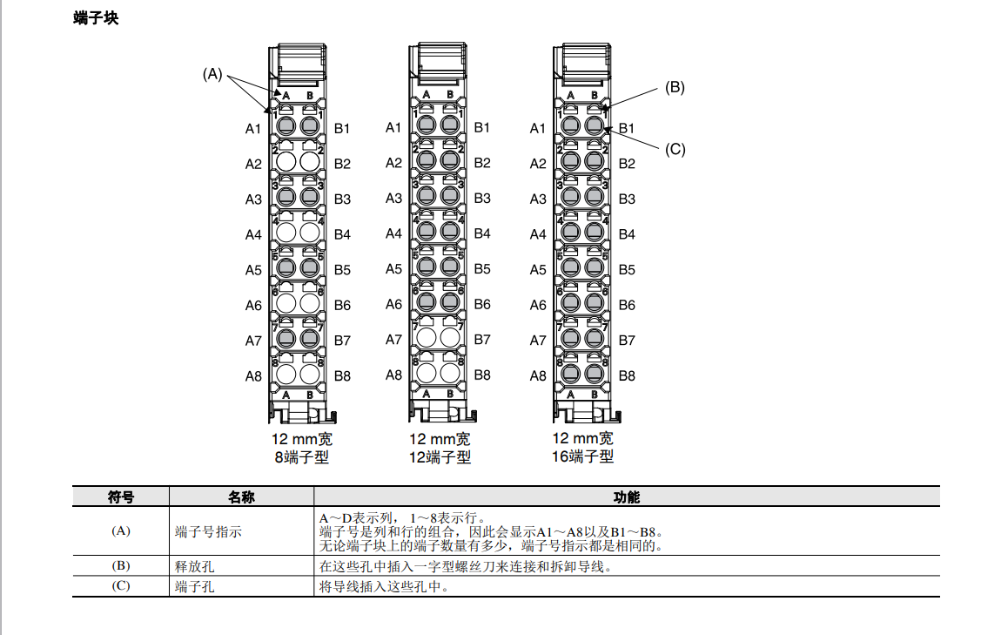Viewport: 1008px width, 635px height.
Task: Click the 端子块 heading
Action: (x=96, y=18)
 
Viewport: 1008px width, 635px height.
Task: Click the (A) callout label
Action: (x=212, y=74)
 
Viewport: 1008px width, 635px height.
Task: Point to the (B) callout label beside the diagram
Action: (x=675, y=87)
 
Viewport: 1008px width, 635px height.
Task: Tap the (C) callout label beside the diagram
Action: (x=675, y=149)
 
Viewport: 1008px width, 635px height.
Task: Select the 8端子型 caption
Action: (x=301, y=456)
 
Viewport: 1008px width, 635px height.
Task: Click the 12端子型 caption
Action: (x=440, y=456)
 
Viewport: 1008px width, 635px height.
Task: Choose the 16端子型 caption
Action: (x=583, y=456)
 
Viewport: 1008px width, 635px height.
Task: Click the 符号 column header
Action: (x=121, y=497)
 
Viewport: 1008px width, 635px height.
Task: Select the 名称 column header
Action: (x=241, y=497)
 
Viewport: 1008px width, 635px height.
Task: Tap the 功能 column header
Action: (x=626, y=497)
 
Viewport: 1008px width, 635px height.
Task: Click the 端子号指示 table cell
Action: (x=208, y=531)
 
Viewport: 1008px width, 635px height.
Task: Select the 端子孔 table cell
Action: (x=194, y=586)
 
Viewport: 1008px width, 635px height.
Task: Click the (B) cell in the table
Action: (x=121, y=566)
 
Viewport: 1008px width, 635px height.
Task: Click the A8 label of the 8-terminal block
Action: (x=252, y=376)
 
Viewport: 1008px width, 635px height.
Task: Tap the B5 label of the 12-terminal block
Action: (x=482, y=268)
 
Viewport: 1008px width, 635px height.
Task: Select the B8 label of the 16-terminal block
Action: (x=627, y=376)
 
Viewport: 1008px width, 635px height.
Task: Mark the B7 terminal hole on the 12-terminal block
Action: (x=450, y=338)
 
